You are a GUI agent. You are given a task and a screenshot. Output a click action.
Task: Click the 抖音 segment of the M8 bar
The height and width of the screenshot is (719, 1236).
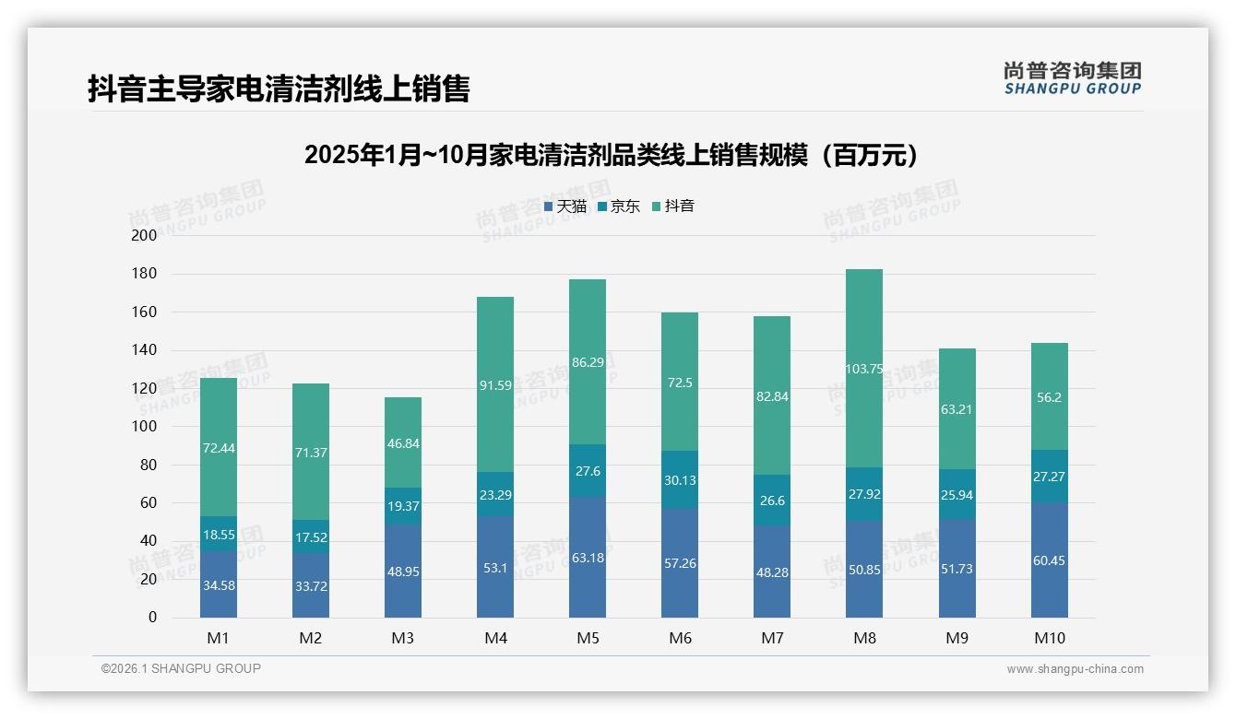click(x=864, y=369)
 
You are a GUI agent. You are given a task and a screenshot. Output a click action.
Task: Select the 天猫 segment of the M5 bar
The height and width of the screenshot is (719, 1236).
click(x=588, y=558)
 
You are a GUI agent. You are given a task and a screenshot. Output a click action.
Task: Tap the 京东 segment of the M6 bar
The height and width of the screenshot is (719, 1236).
click(x=680, y=479)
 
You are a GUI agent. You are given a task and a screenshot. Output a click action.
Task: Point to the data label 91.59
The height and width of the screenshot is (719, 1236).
click(x=495, y=386)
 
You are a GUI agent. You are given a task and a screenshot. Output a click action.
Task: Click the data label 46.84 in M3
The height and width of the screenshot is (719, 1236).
click(x=403, y=443)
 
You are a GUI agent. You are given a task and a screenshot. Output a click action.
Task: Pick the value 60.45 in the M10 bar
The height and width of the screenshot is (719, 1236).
click(x=1049, y=560)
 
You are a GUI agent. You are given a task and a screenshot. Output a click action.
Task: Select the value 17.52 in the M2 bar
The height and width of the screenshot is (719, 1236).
click(x=311, y=537)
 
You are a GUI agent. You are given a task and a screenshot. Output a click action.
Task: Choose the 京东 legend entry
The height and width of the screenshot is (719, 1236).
click(x=619, y=206)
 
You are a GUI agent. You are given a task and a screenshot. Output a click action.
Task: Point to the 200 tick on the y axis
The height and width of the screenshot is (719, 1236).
click(x=145, y=235)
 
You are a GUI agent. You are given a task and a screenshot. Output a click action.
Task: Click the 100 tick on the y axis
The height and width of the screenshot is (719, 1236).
click(x=145, y=427)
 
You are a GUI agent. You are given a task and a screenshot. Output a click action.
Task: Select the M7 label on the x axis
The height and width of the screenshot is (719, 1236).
click(x=772, y=638)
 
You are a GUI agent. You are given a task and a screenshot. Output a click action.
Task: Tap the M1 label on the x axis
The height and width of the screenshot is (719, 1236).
click(x=219, y=638)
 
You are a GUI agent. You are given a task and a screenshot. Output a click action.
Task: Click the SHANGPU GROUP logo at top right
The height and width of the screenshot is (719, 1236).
click(x=1072, y=78)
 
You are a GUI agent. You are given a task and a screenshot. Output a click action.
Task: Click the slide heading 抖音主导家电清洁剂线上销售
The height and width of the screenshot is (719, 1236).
click(x=279, y=88)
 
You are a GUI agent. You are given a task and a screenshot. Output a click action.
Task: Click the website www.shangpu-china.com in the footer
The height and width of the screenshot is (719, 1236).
click(x=1075, y=669)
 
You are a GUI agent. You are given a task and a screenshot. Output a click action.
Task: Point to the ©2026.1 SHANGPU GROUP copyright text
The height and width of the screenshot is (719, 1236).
click(x=181, y=668)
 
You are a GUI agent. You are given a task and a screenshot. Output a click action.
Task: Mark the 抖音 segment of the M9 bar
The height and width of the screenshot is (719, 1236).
click(x=957, y=408)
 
